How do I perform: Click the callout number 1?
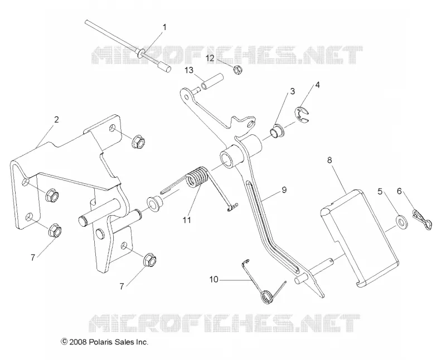click(164, 27)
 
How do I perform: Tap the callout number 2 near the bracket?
click(56, 120)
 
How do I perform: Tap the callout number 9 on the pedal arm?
click(284, 189)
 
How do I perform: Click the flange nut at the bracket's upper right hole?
click(138, 140)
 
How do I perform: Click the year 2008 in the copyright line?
click(79, 342)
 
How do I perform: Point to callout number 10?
click(214, 280)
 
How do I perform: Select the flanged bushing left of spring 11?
click(155, 202)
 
